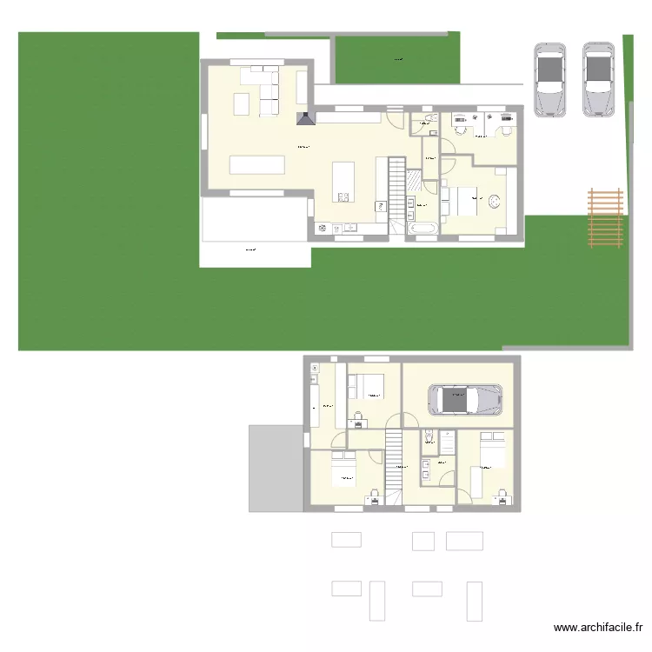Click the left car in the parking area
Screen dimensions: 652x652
click(549, 79)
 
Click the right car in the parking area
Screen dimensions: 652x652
click(598, 79)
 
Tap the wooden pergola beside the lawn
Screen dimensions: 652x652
click(606, 217)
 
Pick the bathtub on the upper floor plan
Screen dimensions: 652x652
click(423, 229)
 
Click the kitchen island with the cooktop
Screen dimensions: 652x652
click(343, 181)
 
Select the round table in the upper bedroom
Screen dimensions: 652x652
click(496, 202)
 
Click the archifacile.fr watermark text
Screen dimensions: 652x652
click(599, 629)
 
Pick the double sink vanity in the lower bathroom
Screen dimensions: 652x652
click(426, 469)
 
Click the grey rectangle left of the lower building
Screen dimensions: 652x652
click(275, 468)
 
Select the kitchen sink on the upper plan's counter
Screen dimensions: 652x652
click(351, 230)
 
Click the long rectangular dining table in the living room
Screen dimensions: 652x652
click(256, 165)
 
